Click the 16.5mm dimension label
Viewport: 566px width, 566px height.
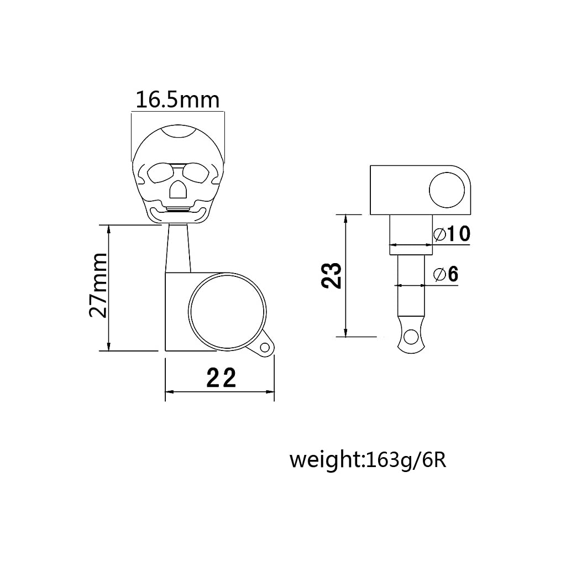coord(177,100)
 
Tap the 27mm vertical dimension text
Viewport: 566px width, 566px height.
coord(98,285)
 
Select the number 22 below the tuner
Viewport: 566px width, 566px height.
coord(222,378)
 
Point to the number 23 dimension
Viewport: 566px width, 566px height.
coord(332,275)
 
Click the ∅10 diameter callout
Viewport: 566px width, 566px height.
coord(452,234)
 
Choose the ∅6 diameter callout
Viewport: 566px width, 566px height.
coord(446,274)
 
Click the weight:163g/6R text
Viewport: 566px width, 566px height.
coord(368,461)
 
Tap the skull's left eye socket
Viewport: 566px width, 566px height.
coord(160,172)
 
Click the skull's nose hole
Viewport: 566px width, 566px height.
coord(179,189)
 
